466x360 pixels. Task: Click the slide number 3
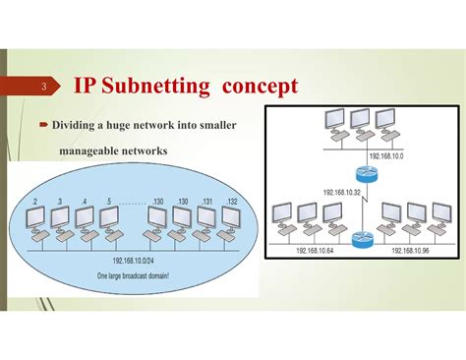click(42, 89)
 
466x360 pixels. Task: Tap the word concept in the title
click(259, 87)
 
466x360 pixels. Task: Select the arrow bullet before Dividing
click(44, 126)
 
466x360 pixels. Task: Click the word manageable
click(94, 150)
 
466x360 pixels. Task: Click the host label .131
click(205, 202)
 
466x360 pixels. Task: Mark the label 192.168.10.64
click(317, 251)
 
